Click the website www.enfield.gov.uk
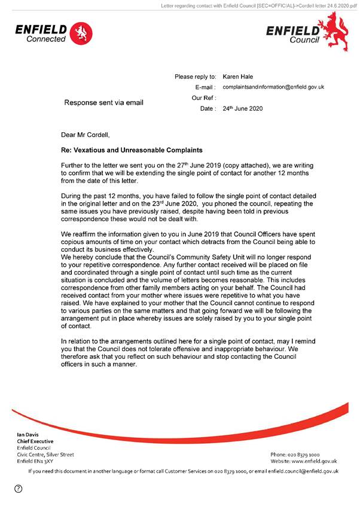[315, 461]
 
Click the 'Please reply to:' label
[195, 77]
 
